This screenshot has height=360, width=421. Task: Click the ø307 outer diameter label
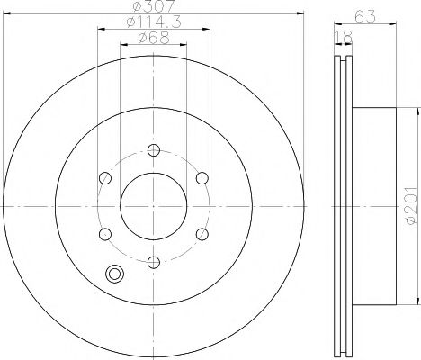(x=153, y=6)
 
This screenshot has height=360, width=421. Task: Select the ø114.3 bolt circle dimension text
(x=154, y=22)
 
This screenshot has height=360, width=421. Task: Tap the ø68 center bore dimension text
(x=154, y=38)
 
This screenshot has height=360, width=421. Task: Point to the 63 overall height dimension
(x=365, y=16)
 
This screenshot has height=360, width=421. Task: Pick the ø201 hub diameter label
(x=411, y=205)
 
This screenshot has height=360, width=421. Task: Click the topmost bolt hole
(x=154, y=150)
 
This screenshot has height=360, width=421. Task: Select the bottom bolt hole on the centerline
(x=154, y=262)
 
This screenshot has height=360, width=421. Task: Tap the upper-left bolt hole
(x=105, y=178)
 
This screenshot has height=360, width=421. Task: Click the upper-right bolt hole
(x=202, y=178)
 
